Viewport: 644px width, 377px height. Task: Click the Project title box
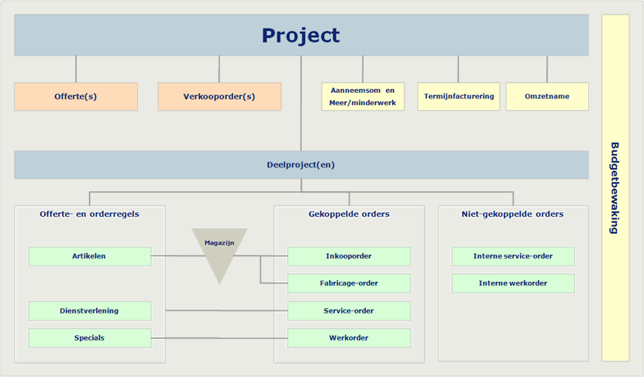point(301,36)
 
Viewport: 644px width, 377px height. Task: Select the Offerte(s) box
point(76,97)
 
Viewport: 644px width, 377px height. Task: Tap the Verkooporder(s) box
point(220,97)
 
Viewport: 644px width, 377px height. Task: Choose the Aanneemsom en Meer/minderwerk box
point(363,97)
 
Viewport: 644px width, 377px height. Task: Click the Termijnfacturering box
point(459,97)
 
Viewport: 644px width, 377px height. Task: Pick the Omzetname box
point(547,97)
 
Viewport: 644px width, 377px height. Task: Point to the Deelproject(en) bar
point(301,165)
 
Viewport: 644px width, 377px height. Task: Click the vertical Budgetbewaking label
point(615,188)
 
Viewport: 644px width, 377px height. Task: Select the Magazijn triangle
point(220,250)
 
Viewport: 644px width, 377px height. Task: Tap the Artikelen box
point(90,256)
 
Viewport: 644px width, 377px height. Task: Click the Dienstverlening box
point(90,311)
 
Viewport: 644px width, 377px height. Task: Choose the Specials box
point(90,338)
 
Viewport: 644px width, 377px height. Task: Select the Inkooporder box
point(349,256)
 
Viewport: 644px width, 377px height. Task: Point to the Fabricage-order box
point(349,283)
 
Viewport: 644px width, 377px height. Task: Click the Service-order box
point(349,311)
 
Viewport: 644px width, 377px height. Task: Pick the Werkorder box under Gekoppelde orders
point(349,338)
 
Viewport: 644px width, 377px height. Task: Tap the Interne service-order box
point(513,256)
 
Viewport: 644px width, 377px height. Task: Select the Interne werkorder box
point(513,283)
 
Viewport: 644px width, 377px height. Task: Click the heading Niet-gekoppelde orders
point(512,214)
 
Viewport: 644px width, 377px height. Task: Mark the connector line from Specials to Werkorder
point(219,338)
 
